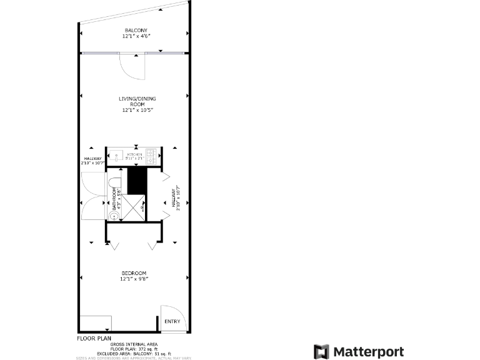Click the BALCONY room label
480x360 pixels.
pyautogui.click(x=136, y=31)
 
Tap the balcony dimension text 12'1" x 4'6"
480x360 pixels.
pyautogui.click(x=136, y=36)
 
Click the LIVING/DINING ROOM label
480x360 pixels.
pyautogui.click(x=136, y=101)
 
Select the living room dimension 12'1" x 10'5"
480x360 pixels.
pyautogui.click(x=136, y=110)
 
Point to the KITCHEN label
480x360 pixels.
pyautogui.click(x=134, y=154)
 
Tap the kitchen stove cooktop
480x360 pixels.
pyautogui.click(x=151, y=156)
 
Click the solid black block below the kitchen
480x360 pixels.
pyautogui.click(x=136, y=181)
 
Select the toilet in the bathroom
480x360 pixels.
pyautogui.click(x=114, y=182)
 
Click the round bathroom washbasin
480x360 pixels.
pyautogui.click(x=114, y=216)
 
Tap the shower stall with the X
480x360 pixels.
pyautogui.click(x=133, y=207)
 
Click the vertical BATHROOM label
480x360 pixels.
pyautogui.click(x=114, y=199)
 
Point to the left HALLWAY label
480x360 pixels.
pyautogui.click(x=92, y=161)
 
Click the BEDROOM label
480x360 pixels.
pyautogui.click(x=134, y=273)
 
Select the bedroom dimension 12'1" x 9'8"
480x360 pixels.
pyautogui.click(x=134, y=279)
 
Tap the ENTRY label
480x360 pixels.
pyautogui.click(x=172, y=322)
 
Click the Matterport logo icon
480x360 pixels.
pyautogui.click(x=321, y=352)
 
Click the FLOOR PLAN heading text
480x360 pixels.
pyautogui.click(x=94, y=338)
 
